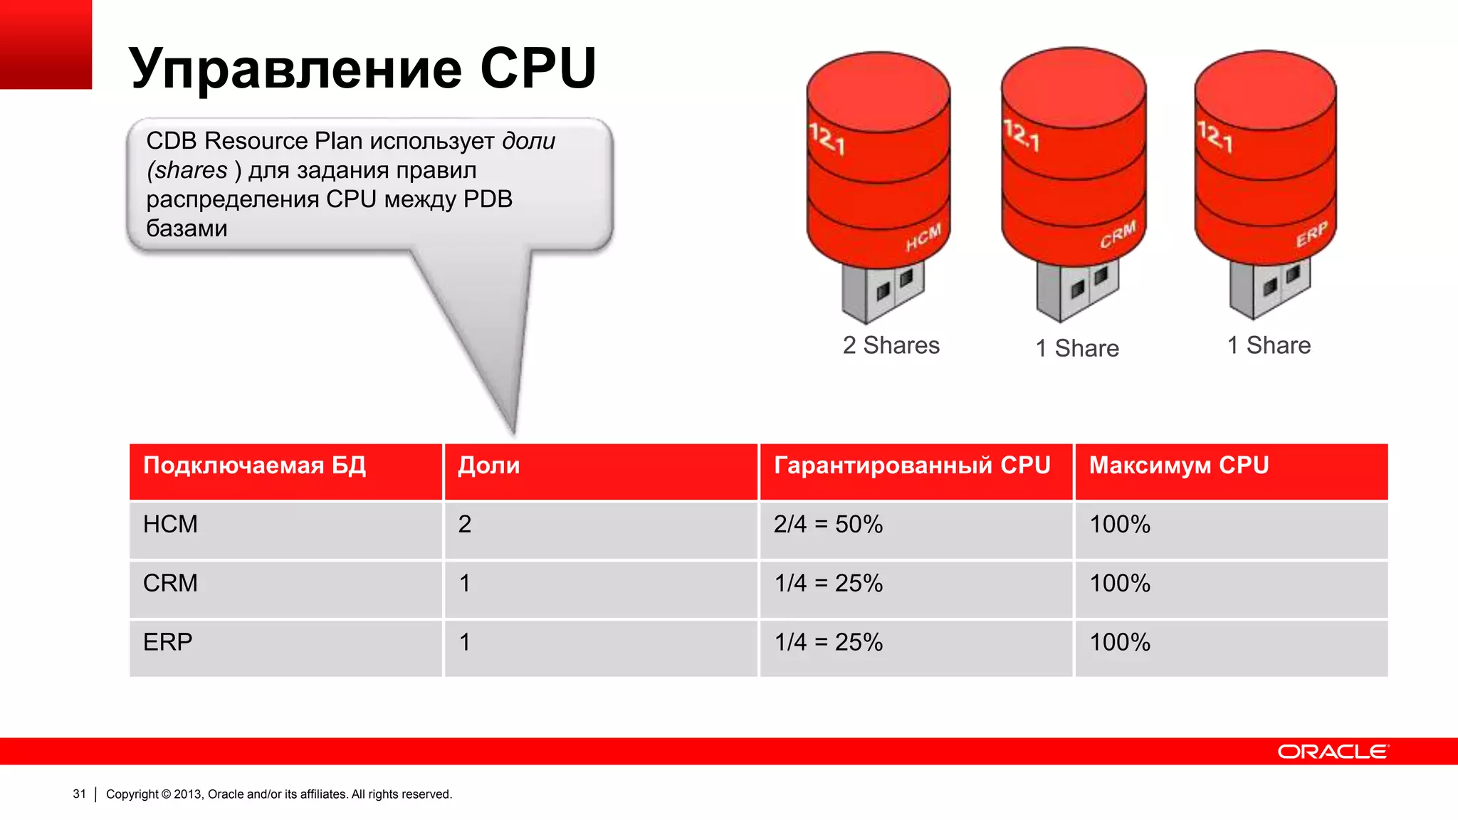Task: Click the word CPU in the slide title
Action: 538,68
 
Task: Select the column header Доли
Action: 488,466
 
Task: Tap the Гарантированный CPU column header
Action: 912,466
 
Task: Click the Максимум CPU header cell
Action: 1178,466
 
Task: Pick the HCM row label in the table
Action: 170,525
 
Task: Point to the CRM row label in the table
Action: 170,584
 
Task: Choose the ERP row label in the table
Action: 168,643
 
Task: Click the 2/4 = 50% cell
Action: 828,525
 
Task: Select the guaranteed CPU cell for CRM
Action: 828,584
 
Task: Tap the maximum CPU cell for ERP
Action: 1120,643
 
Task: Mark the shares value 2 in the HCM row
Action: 465,525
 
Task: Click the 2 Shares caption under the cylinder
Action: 891,346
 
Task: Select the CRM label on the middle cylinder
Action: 1118,236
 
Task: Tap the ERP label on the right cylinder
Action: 1311,234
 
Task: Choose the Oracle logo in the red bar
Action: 1332,752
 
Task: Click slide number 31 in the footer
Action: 79,794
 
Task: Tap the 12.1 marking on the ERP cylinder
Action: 1215,135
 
